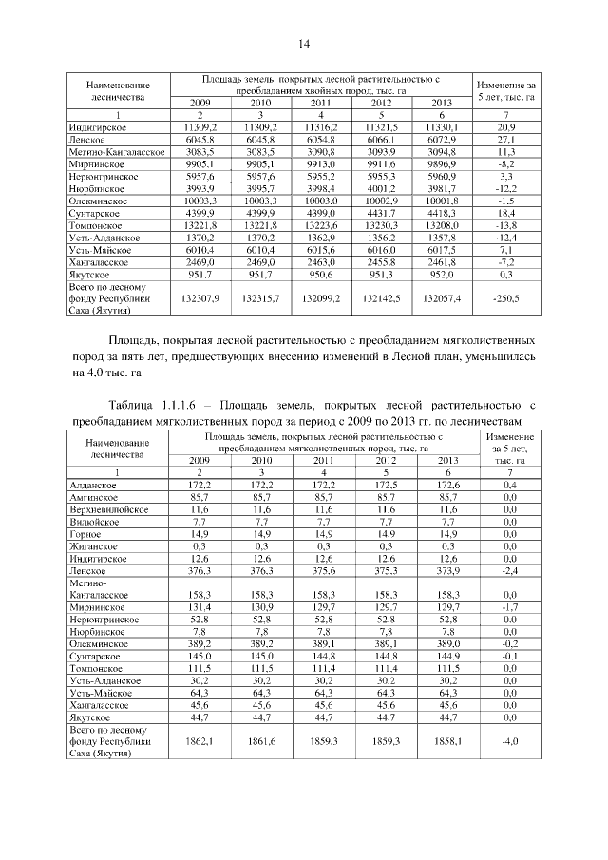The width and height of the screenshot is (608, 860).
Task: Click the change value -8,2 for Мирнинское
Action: (505, 163)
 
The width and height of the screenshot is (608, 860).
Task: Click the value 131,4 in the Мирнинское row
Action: (199, 605)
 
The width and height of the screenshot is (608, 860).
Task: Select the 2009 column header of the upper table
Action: (199, 102)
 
